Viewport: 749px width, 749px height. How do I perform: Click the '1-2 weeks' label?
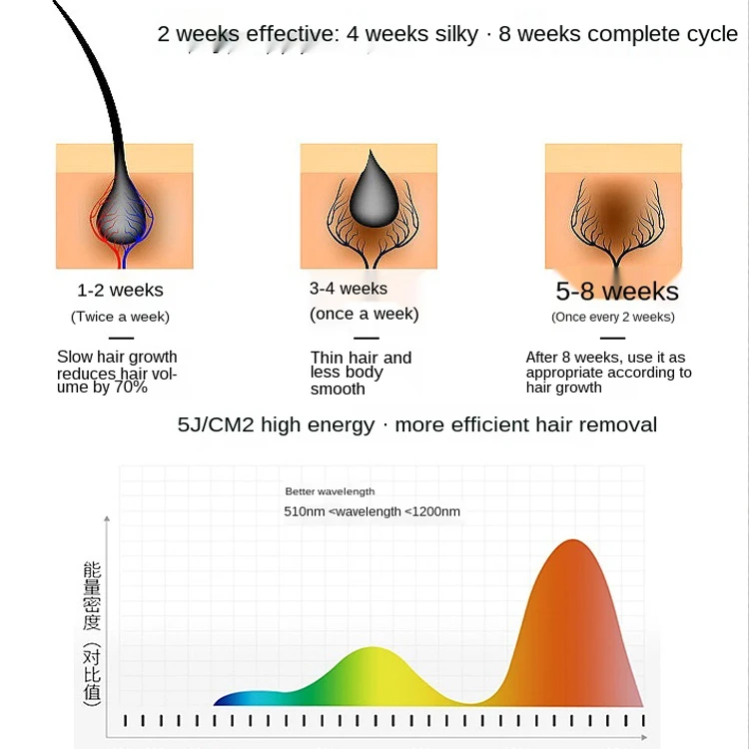[121, 290]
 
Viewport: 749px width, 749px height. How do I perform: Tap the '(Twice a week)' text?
[121, 317]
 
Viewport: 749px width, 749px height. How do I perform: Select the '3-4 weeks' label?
[349, 289]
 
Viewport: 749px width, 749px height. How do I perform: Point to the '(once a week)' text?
[364, 314]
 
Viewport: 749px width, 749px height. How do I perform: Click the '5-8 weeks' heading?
[617, 291]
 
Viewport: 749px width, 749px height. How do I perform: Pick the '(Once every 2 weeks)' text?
[613, 318]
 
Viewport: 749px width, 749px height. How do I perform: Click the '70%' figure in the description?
[131, 386]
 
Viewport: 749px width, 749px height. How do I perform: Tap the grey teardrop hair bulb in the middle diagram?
[374, 191]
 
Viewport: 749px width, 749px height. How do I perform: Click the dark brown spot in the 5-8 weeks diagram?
[617, 210]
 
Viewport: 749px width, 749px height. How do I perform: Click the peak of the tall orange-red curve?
[573, 540]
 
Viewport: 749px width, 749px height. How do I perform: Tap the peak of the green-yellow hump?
[373, 648]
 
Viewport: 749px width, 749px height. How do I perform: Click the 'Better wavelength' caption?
[330, 491]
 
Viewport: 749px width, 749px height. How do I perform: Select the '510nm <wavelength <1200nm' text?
[373, 511]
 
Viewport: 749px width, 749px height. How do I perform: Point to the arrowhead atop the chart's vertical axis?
[107, 518]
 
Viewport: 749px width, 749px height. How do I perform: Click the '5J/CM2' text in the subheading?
[216, 424]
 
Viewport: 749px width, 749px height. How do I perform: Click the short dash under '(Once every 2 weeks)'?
[613, 338]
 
